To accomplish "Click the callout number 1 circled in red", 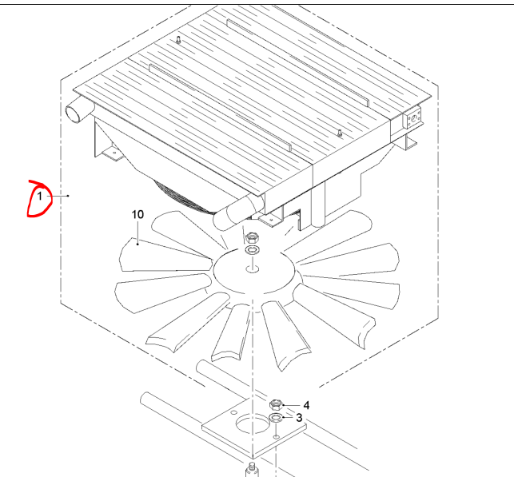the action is pos(40,197).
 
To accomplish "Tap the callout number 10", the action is pos(137,215).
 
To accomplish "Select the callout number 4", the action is pos(306,406).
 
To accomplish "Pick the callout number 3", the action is pos(299,418).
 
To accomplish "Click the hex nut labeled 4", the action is pos(276,405).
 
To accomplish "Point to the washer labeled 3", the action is pos(276,418).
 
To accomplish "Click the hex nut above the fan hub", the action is pos(253,237).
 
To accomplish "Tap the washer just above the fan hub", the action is pos(253,250).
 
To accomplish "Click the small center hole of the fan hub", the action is pos(253,269).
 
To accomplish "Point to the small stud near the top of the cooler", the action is pos(178,40).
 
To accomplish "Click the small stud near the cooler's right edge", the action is pos(340,133).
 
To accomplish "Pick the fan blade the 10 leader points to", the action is pos(164,255).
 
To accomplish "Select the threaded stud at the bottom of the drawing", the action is pos(252,470).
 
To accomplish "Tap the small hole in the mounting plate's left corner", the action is pos(233,411).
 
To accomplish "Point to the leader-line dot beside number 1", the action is pos(68,196).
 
